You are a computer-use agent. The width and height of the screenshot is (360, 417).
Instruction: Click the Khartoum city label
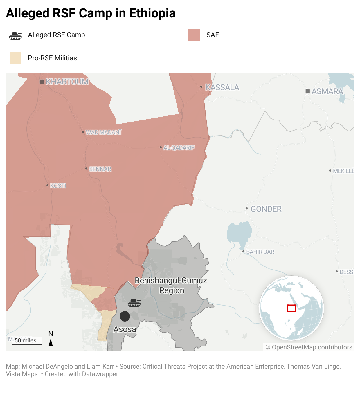pos(67,82)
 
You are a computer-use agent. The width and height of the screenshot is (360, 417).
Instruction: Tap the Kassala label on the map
pos(222,87)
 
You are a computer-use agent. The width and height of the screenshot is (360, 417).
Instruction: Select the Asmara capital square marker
pos(308,91)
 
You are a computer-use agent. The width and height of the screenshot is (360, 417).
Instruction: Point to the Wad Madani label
pos(104,132)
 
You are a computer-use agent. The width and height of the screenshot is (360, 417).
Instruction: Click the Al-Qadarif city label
pos(179,148)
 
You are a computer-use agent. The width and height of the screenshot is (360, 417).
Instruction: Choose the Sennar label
pos(100,169)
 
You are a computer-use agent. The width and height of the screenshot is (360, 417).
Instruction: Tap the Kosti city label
pos(58,186)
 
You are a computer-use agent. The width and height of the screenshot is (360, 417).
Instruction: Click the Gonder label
pos(266,209)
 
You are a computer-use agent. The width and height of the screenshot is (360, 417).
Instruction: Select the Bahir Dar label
pos(260,252)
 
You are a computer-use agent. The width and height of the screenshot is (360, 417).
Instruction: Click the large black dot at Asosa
pos(125,316)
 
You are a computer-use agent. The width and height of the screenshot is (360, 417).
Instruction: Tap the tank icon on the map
pos(134,303)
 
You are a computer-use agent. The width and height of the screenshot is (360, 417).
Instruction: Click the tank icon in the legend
pos(15,36)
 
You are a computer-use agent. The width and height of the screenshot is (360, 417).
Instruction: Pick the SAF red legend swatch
pos(194,35)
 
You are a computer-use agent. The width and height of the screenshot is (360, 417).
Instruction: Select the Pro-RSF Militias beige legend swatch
pos(16,58)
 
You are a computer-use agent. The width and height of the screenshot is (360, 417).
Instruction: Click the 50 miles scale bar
pos(27,344)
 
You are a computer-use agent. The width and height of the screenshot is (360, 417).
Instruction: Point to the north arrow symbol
pos(51,343)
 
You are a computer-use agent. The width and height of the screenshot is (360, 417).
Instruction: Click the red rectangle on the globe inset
pos(291,308)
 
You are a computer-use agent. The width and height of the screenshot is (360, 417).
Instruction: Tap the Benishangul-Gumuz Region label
pos(171,286)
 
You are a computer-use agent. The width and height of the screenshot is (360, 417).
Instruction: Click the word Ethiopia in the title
pos(152,13)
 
